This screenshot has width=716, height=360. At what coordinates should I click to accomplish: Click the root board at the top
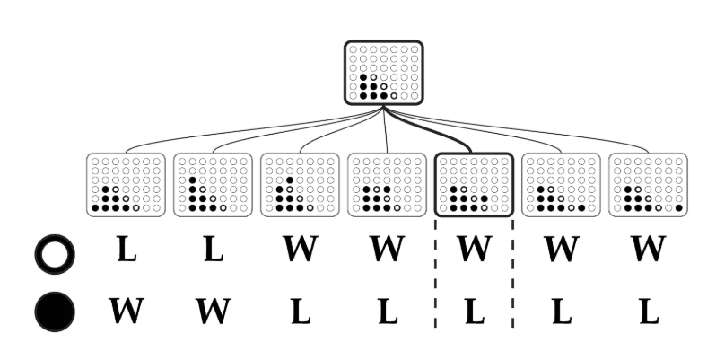[383, 73]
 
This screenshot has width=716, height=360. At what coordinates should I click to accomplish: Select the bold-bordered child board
[473, 185]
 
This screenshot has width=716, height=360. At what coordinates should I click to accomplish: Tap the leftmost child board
[126, 185]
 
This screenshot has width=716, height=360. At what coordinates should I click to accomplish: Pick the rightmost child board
[648, 185]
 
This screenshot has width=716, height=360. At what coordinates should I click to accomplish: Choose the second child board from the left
[212, 185]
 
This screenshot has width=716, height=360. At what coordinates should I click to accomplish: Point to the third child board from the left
[299, 185]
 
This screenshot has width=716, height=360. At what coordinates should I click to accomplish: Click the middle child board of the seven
[386, 185]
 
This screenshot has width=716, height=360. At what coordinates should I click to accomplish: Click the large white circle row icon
[53, 254]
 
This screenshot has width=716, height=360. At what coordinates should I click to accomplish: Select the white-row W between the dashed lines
[473, 250]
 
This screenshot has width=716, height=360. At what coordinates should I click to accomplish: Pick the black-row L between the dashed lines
[473, 311]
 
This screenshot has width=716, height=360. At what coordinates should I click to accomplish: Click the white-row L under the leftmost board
[127, 250]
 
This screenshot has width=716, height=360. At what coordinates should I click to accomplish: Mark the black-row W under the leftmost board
[127, 311]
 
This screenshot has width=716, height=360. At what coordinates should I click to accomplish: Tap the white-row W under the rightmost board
[648, 250]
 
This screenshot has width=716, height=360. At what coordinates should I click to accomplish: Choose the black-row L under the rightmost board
[648, 311]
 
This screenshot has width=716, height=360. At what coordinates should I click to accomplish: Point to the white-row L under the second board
[212, 250]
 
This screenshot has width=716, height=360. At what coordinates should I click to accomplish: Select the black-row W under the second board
[212, 311]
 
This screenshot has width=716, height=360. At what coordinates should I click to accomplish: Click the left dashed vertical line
[435, 278]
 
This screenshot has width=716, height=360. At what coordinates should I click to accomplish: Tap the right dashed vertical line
[512, 278]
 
